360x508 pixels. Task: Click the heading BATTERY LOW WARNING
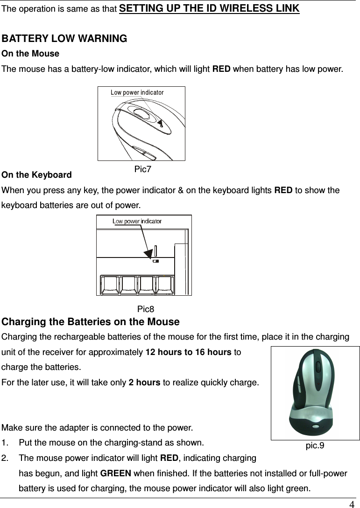tap(64, 38)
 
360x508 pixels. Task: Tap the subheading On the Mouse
tap(31, 54)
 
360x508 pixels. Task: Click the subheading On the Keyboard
tap(37, 175)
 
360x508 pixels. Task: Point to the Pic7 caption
tap(142, 169)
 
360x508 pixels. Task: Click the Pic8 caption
tap(146, 309)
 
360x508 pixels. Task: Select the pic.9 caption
tap(315, 445)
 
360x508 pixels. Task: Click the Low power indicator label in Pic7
tap(137, 92)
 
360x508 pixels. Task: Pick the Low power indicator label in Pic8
tap(137, 221)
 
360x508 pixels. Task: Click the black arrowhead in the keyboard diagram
tap(148, 253)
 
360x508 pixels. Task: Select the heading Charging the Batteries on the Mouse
tap(91, 322)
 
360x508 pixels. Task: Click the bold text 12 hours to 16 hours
tap(189, 352)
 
